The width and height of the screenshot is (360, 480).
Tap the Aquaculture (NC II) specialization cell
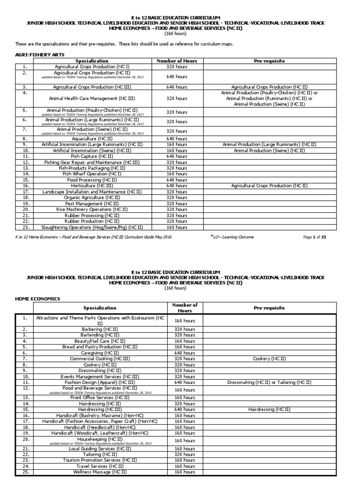pos(92,139)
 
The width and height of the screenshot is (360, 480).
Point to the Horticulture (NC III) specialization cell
pos(92,186)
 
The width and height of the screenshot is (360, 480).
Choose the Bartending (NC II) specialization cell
pos(100,335)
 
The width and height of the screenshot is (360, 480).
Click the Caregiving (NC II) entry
pos(100,352)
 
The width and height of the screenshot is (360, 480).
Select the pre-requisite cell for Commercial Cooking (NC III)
pos(269,359)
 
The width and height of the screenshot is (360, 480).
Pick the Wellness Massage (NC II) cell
pos(100,472)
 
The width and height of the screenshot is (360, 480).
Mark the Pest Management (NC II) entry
pos(92,203)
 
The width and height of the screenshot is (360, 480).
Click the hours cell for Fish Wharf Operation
pos(177,174)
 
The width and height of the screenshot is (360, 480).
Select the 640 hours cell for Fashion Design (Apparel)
pos(184,382)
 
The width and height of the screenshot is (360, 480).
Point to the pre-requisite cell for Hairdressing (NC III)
pos(269,409)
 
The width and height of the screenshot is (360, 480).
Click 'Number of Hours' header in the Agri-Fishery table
pos(177,61)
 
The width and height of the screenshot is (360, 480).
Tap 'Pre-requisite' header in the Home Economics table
pos(269,308)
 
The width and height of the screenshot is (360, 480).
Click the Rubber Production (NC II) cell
pos(92,221)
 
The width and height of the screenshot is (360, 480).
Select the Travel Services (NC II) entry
pos(100,466)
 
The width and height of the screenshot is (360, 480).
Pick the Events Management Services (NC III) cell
pos(100,376)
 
